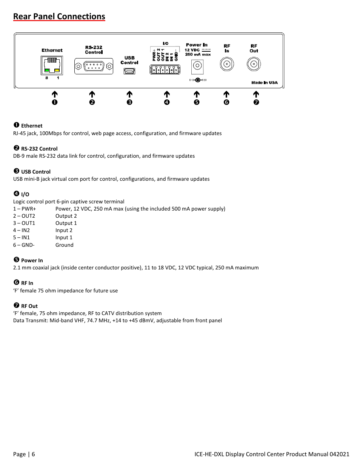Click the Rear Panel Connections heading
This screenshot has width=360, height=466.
59,17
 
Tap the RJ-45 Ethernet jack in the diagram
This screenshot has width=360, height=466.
52,66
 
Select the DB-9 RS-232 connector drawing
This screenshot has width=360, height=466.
94,66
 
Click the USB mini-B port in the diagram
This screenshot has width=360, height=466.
129,71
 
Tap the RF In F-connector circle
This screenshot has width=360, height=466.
226,65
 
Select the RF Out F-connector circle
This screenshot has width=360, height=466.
254,65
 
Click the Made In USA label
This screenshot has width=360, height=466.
264,83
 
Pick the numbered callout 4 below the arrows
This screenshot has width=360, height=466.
167,102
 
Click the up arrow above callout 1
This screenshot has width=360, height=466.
54,94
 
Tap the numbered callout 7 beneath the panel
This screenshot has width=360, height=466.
256,102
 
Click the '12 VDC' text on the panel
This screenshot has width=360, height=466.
192,50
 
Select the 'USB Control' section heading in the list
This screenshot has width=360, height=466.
35,172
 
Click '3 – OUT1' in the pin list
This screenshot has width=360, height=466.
24,223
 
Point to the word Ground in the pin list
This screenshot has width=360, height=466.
64,245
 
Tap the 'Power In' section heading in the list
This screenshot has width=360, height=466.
32,260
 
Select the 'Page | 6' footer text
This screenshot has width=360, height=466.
24,454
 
